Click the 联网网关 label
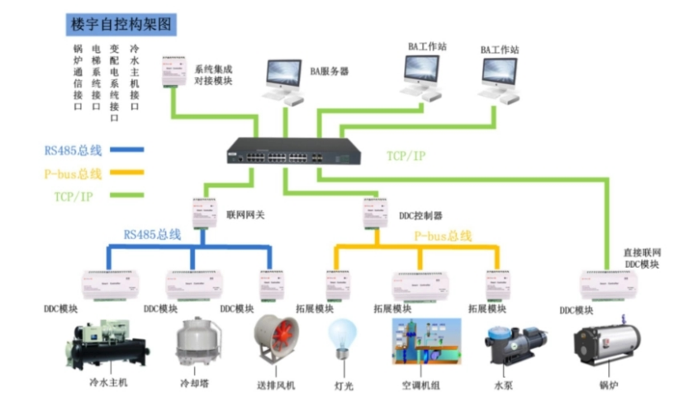click(x=244, y=214)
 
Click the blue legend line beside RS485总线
click(x=125, y=151)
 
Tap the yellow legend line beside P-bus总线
click(x=125, y=174)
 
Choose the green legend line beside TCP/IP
click(x=125, y=196)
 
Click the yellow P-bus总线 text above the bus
click(x=443, y=236)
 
